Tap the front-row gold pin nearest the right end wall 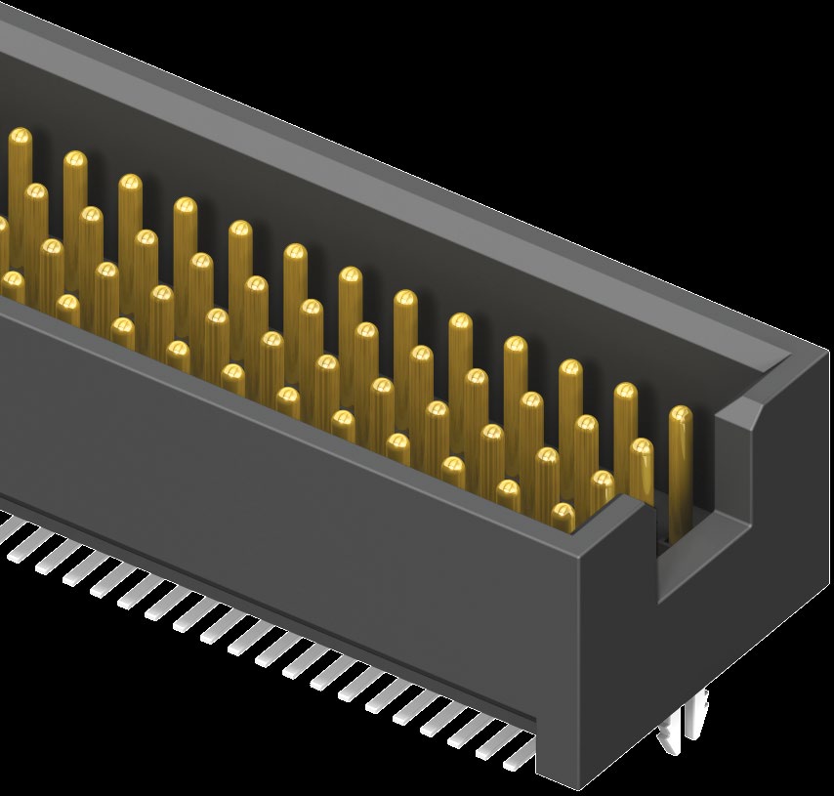click(x=563, y=512)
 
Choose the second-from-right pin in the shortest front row click(x=509, y=489)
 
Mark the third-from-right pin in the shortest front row click(x=453, y=467)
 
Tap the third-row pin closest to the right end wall click(x=603, y=482)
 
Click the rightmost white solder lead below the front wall click(x=519, y=752)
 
